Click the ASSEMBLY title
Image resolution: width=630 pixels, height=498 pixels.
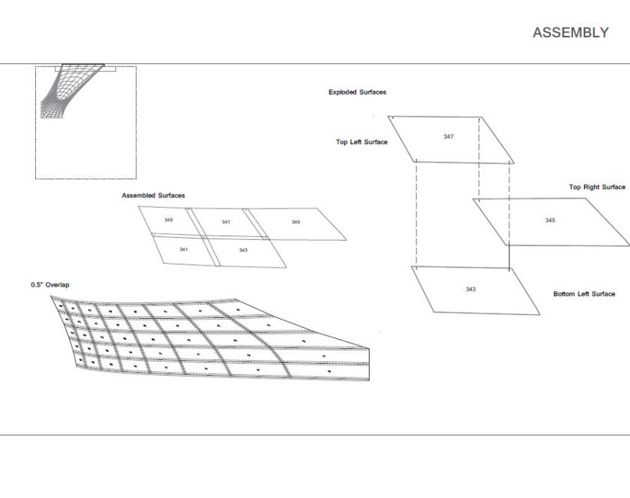click(571, 32)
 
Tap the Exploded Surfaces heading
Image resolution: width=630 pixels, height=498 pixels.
click(357, 92)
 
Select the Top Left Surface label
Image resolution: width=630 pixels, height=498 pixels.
click(361, 142)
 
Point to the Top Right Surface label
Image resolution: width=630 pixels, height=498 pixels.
click(597, 187)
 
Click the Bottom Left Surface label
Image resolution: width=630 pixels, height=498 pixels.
click(584, 294)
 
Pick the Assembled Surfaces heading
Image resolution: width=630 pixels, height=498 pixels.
click(154, 195)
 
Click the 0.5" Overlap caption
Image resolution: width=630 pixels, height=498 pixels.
click(50, 284)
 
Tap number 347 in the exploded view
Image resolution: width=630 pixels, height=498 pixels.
click(448, 136)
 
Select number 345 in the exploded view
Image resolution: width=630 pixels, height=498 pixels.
click(550, 220)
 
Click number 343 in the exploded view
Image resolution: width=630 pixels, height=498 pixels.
click(470, 289)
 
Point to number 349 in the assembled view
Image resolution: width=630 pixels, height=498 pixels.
click(169, 220)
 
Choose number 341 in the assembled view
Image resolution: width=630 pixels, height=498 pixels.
click(184, 250)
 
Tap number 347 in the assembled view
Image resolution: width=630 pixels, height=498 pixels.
click(226, 222)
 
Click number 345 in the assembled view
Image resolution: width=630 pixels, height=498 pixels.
click(295, 222)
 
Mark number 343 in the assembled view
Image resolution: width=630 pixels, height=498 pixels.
click(243, 250)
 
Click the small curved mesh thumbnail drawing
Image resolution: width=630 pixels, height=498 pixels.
click(72, 91)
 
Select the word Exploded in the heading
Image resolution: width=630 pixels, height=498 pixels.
click(343, 92)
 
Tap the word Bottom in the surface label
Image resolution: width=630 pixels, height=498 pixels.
click(564, 294)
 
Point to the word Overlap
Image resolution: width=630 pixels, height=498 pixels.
click(57, 284)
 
